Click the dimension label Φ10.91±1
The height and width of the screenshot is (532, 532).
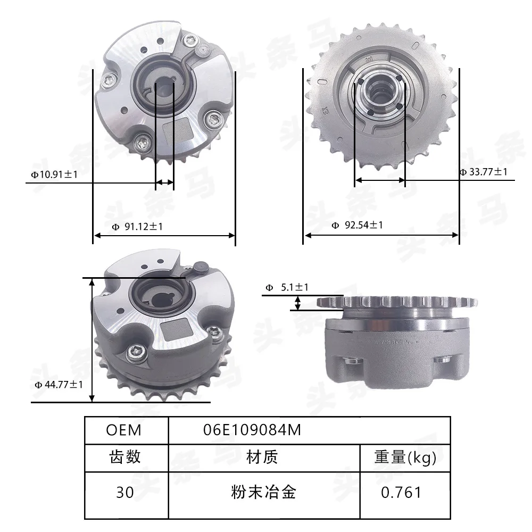point(54,174)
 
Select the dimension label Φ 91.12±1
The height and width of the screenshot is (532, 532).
point(137,226)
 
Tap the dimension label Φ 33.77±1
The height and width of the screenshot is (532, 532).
point(483,172)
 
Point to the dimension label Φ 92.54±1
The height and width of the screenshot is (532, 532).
point(358,225)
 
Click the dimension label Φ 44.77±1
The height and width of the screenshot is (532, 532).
point(59,385)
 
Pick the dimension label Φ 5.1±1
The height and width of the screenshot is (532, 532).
point(287,287)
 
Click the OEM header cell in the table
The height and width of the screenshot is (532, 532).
point(123,430)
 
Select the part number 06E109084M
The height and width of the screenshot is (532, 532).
point(252,430)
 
